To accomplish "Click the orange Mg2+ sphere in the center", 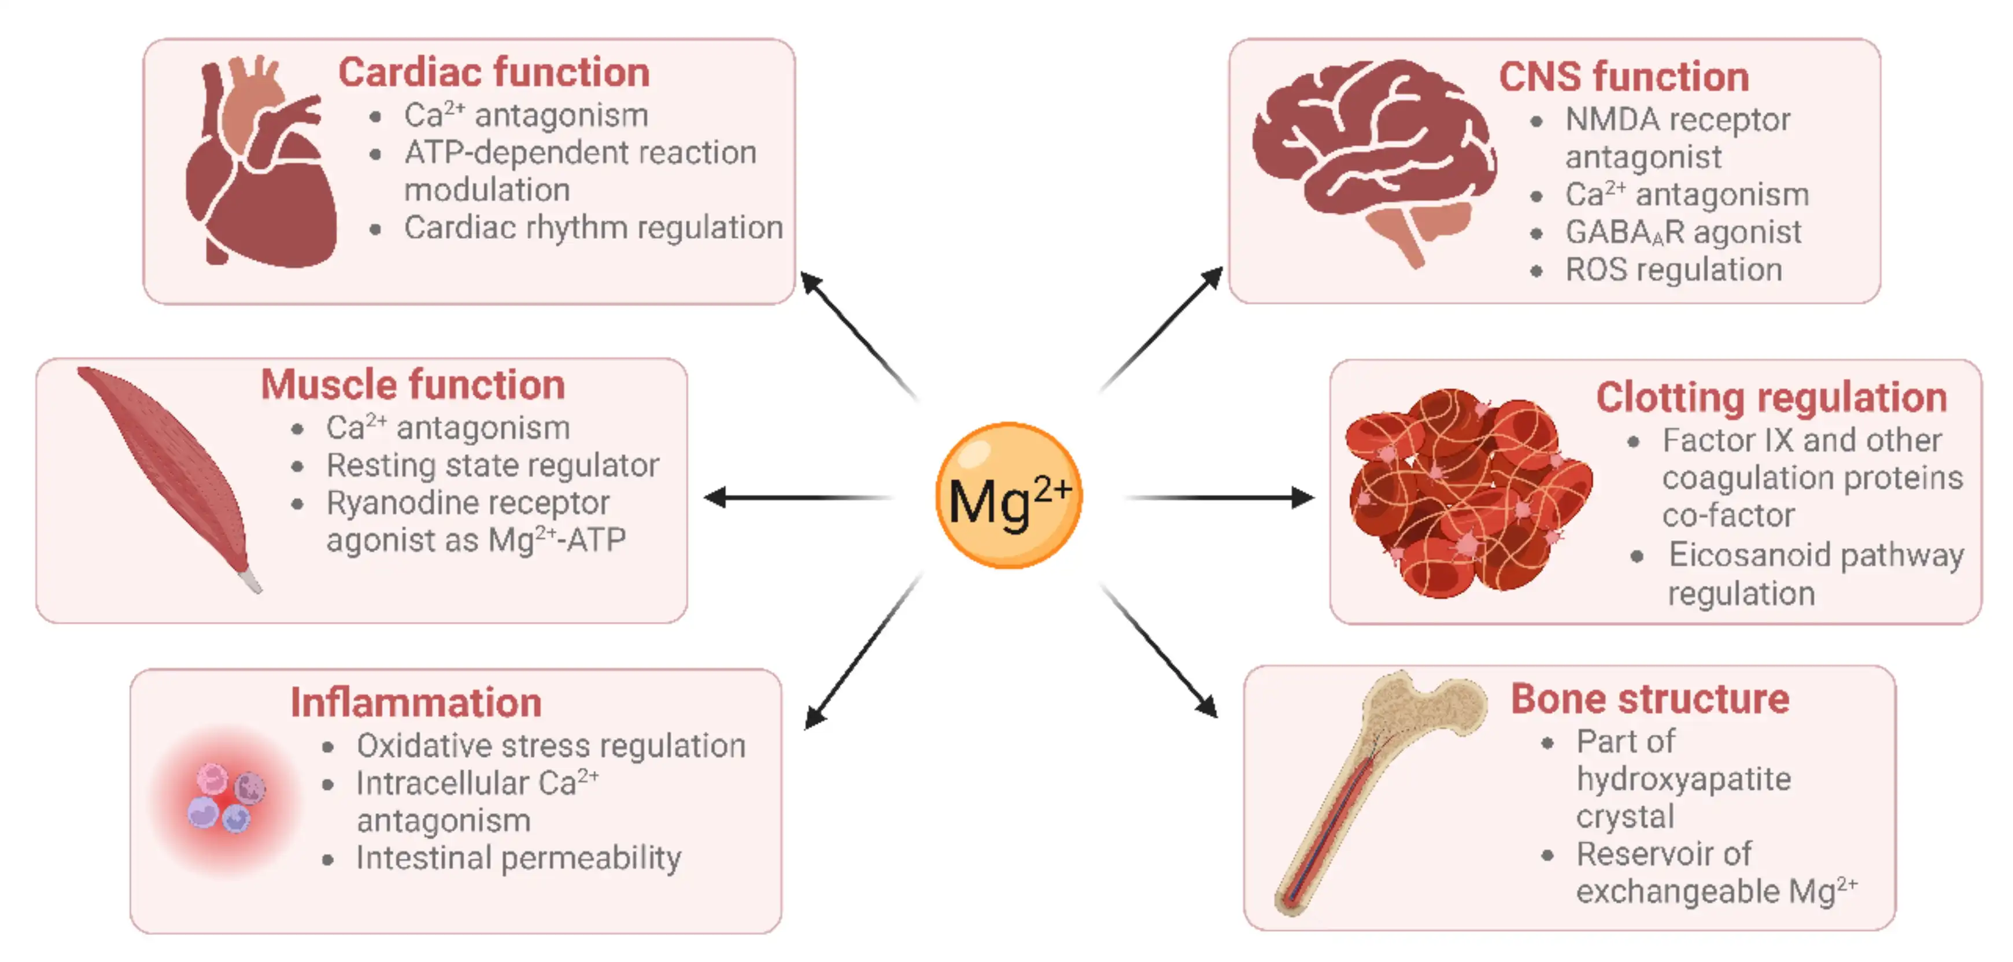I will pyautogui.click(x=1008, y=495).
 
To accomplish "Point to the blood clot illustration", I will pyautogui.click(x=1465, y=493).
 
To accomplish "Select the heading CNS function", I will pyautogui.click(x=1623, y=76).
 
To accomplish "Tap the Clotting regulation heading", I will pyautogui.click(x=1771, y=397).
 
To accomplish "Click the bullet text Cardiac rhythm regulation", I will pyautogui.click(x=593, y=227).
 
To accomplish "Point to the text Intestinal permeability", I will pyautogui.click(x=518, y=857).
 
